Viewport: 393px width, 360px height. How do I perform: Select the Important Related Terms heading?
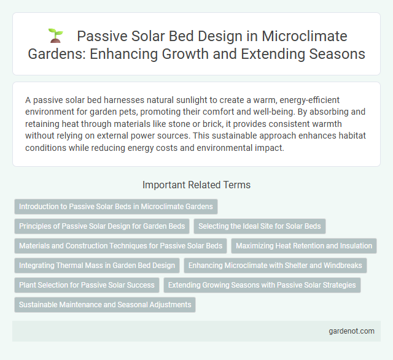point(196,184)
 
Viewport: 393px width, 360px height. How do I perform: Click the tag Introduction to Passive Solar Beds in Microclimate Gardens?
point(116,207)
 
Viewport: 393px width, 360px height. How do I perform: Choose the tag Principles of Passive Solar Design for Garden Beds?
point(101,226)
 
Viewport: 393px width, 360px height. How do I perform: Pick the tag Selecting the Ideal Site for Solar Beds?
point(260,226)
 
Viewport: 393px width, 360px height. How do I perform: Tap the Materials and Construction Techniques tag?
point(120,246)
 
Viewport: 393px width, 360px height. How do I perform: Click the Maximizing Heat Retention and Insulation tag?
point(304,246)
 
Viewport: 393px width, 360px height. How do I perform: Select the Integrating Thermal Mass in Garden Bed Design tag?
point(96,266)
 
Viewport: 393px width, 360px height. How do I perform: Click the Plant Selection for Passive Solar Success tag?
point(86,285)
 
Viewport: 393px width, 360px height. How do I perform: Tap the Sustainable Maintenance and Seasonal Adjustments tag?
point(104,305)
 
